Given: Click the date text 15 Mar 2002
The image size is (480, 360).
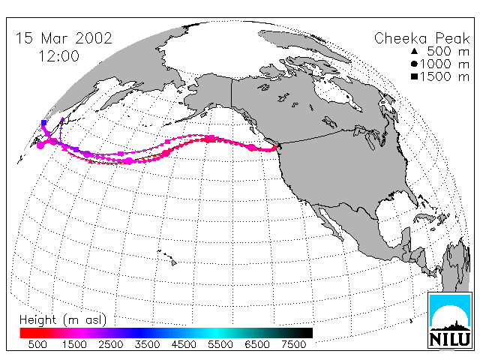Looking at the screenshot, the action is point(64,38).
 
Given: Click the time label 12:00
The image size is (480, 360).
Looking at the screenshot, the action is point(59,56).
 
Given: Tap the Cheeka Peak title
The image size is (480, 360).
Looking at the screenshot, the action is point(421,39).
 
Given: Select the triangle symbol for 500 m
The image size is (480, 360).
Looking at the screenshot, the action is point(414,51).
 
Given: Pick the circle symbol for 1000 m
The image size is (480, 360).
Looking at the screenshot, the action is point(414,64).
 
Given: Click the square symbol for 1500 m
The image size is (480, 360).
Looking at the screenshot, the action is point(414,76).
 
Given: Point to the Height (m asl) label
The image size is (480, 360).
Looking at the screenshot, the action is point(63,320).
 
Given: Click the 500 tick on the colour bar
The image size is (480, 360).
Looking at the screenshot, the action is point(37,344).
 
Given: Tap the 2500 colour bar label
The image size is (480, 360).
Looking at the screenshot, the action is point(111,344).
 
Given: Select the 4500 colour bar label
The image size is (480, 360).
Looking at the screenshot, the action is point(184,344).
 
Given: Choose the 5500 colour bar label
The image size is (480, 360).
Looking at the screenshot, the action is point(220,344).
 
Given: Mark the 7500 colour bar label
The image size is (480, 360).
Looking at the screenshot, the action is point(293,344).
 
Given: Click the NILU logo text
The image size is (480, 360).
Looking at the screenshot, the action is point(450,340).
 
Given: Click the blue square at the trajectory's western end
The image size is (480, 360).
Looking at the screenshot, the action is point(43,123).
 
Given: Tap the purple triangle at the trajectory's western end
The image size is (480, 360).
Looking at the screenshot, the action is point(62,120).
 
